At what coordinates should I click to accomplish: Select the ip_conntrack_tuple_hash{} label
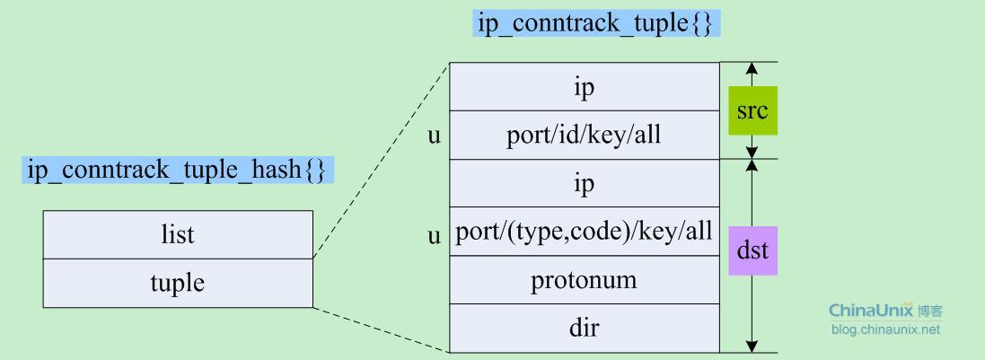coord(176,170)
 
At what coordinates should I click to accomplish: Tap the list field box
coord(178,235)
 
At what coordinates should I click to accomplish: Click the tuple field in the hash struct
coord(178,284)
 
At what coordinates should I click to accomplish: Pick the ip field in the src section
coord(585,87)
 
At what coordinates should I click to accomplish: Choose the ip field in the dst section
coord(585,183)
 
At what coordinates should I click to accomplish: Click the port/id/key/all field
coord(585,136)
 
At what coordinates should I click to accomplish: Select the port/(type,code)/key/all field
coord(585,233)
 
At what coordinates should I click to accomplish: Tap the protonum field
coord(585,280)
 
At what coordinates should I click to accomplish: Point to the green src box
coord(752,111)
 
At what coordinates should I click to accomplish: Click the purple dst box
coord(752,250)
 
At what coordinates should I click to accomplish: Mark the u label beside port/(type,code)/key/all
coord(435,235)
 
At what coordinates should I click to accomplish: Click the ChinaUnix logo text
coord(871,312)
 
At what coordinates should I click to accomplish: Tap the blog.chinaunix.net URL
coord(884,329)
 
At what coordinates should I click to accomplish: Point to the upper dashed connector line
coord(382,160)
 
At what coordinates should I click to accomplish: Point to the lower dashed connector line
coord(382,329)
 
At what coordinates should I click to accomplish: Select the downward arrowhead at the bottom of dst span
coord(752,346)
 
